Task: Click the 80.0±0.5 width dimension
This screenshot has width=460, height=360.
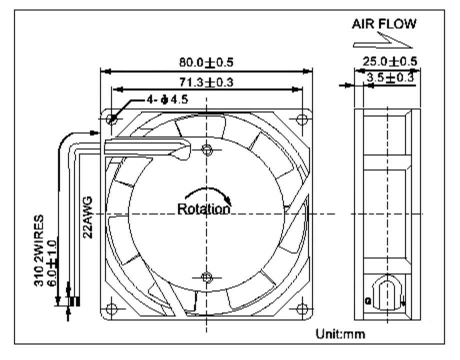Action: click(x=206, y=62)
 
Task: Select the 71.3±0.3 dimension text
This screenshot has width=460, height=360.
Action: click(x=206, y=82)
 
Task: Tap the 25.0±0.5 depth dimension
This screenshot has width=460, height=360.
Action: click(x=389, y=61)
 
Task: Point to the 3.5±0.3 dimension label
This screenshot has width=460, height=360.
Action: click(x=390, y=78)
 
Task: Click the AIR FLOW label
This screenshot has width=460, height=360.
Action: click(x=384, y=24)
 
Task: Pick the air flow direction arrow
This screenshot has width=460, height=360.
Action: click(x=383, y=41)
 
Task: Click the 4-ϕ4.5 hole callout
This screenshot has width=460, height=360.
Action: click(x=167, y=100)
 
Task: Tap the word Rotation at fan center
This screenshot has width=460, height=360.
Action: click(x=204, y=209)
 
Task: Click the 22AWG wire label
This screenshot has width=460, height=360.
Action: click(x=88, y=217)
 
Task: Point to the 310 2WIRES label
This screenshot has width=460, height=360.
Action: click(x=38, y=250)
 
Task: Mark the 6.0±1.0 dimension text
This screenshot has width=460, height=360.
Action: click(x=52, y=263)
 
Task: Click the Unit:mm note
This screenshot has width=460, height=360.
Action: click(x=340, y=334)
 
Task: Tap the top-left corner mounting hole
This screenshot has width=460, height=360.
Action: click(x=111, y=119)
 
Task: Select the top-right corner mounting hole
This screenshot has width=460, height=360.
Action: click(x=302, y=119)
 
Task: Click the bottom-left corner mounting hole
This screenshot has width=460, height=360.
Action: click(x=111, y=308)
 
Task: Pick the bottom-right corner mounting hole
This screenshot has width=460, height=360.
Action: click(x=302, y=308)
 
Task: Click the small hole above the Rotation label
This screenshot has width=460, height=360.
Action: click(x=207, y=150)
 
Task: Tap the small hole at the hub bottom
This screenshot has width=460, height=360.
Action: click(x=207, y=277)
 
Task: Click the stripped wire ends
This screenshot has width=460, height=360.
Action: click(x=74, y=301)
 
